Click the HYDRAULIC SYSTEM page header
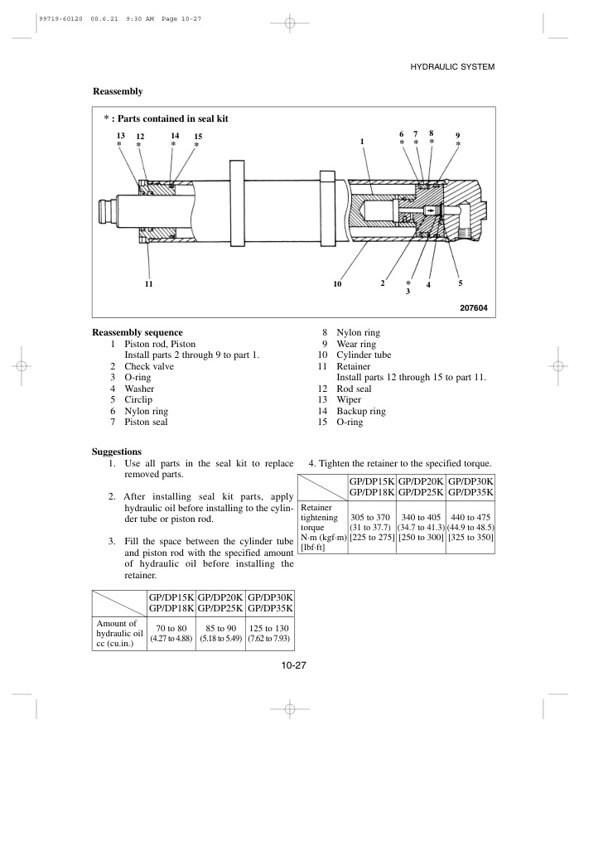[x=453, y=66]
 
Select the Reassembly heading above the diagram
[x=118, y=90]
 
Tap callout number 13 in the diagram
[x=120, y=135]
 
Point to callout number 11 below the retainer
[x=149, y=284]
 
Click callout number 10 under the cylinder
[x=337, y=284]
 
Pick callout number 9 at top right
[x=458, y=135]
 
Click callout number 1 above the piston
[x=362, y=142]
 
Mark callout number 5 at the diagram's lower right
[x=460, y=283]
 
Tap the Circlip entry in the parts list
[x=138, y=399]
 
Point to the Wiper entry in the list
[x=349, y=399]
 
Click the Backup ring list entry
[x=360, y=411]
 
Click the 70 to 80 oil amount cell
[x=171, y=628]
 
